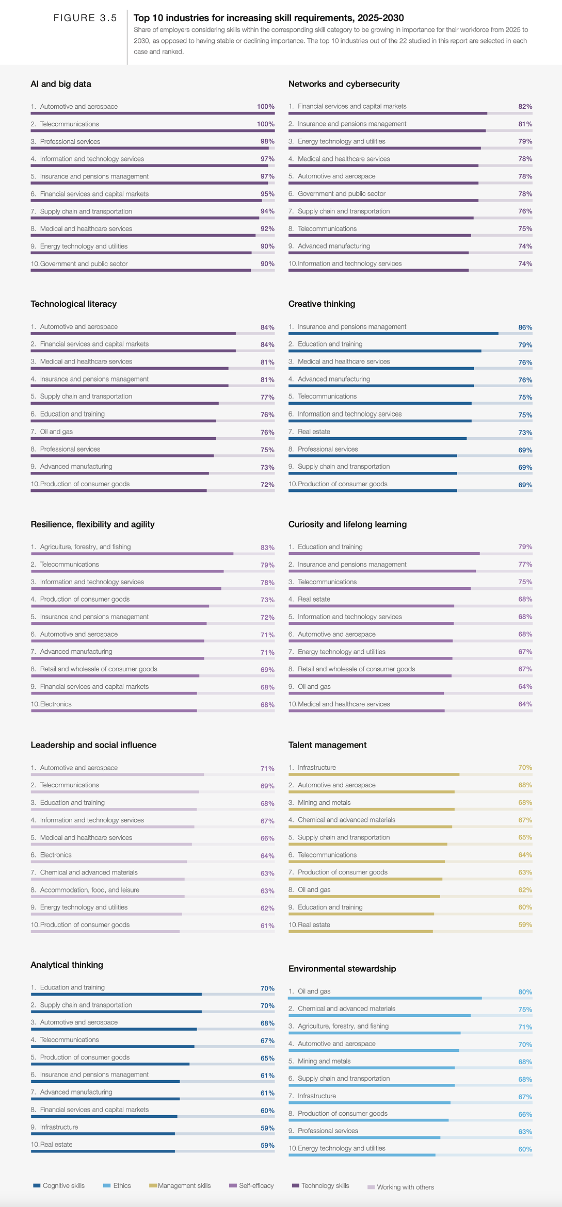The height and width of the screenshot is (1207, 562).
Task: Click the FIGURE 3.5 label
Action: click(85, 18)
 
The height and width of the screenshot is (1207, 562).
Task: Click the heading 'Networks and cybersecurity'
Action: click(344, 84)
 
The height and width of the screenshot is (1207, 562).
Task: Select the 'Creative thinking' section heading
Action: click(322, 304)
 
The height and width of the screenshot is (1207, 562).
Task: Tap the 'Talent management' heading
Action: click(327, 745)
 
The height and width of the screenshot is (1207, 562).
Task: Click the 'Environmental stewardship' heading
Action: click(342, 968)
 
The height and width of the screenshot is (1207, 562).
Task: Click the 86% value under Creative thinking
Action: click(525, 327)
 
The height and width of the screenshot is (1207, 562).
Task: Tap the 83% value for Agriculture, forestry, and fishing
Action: click(267, 548)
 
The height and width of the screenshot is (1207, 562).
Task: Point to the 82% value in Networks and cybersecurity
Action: click(525, 107)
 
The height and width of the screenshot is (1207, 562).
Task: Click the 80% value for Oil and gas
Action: click(525, 992)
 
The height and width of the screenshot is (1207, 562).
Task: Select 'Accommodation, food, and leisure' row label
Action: click(90, 890)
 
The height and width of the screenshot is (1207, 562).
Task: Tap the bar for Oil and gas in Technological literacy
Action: click(123, 438)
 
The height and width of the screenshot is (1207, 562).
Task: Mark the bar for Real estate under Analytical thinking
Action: click(103, 1151)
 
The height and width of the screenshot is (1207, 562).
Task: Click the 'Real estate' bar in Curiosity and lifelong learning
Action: click(371, 606)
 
